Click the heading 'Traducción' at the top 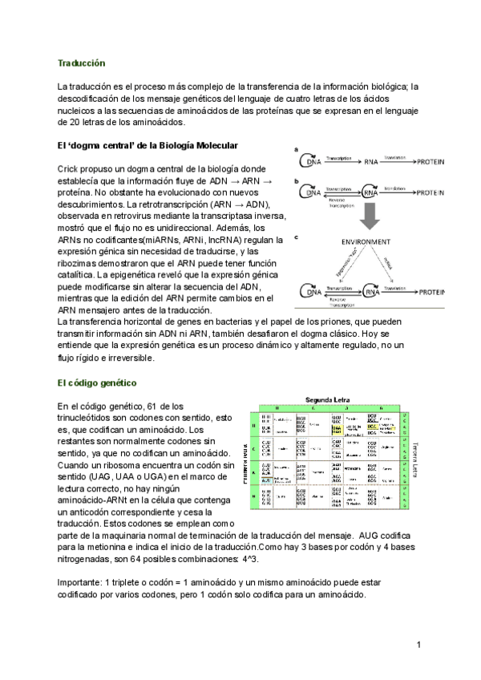[x=81, y=62]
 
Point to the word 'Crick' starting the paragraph [x=70, y=169]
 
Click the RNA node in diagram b [x=370, y=192]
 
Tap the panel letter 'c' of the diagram [x=297, y=237]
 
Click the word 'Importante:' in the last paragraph [x=82, y=582]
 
